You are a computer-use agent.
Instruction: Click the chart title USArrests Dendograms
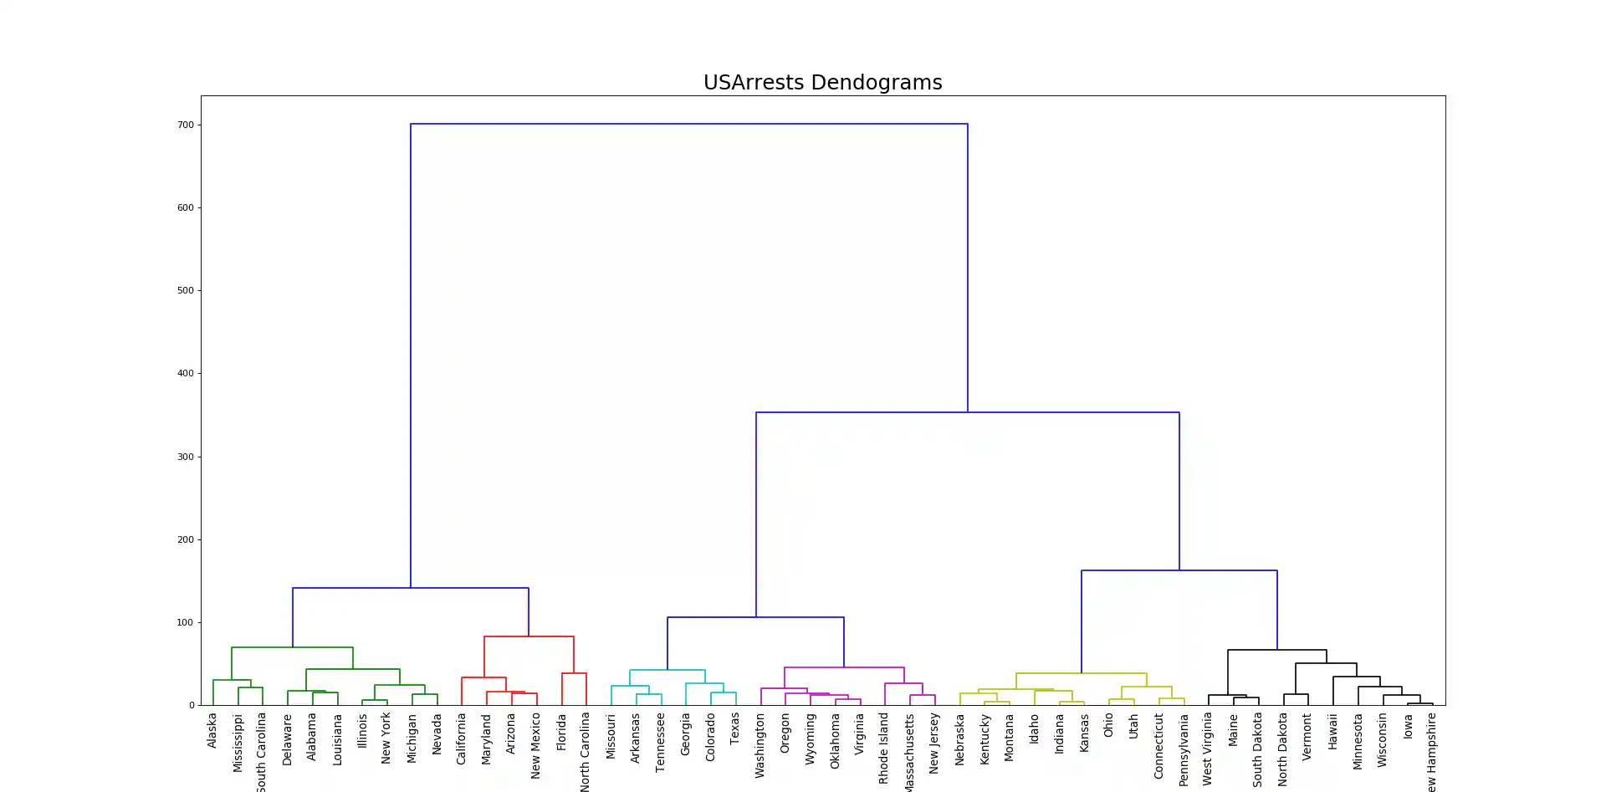[822, 83]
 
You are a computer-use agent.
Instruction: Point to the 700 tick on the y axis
[185, 125]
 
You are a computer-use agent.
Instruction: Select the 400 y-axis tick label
[185, 374]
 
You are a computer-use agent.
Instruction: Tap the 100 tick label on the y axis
[185, 622]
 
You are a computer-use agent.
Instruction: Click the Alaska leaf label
[212, 730]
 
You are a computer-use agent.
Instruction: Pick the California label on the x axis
[461, 738]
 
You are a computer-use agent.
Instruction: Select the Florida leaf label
[561, 732]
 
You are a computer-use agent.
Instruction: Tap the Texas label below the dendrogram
[735, 728]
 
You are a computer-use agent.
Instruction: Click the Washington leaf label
[760, 745]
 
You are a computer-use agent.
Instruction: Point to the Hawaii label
[1332, 731]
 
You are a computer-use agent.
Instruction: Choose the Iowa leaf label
[1408, 726]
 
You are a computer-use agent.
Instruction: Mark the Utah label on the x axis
[1133, 726]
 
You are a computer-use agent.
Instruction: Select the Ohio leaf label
[1108, 725]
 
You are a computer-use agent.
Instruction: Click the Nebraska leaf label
[959, 739]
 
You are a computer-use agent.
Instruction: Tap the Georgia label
[685, 734]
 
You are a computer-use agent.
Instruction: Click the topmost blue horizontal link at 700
[688, 124]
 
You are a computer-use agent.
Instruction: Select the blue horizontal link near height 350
[967, 412]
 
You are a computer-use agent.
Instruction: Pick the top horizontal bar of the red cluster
[529, 636]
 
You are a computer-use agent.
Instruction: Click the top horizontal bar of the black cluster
[1276, 650]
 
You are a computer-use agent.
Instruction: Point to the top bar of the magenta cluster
[844, 667]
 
